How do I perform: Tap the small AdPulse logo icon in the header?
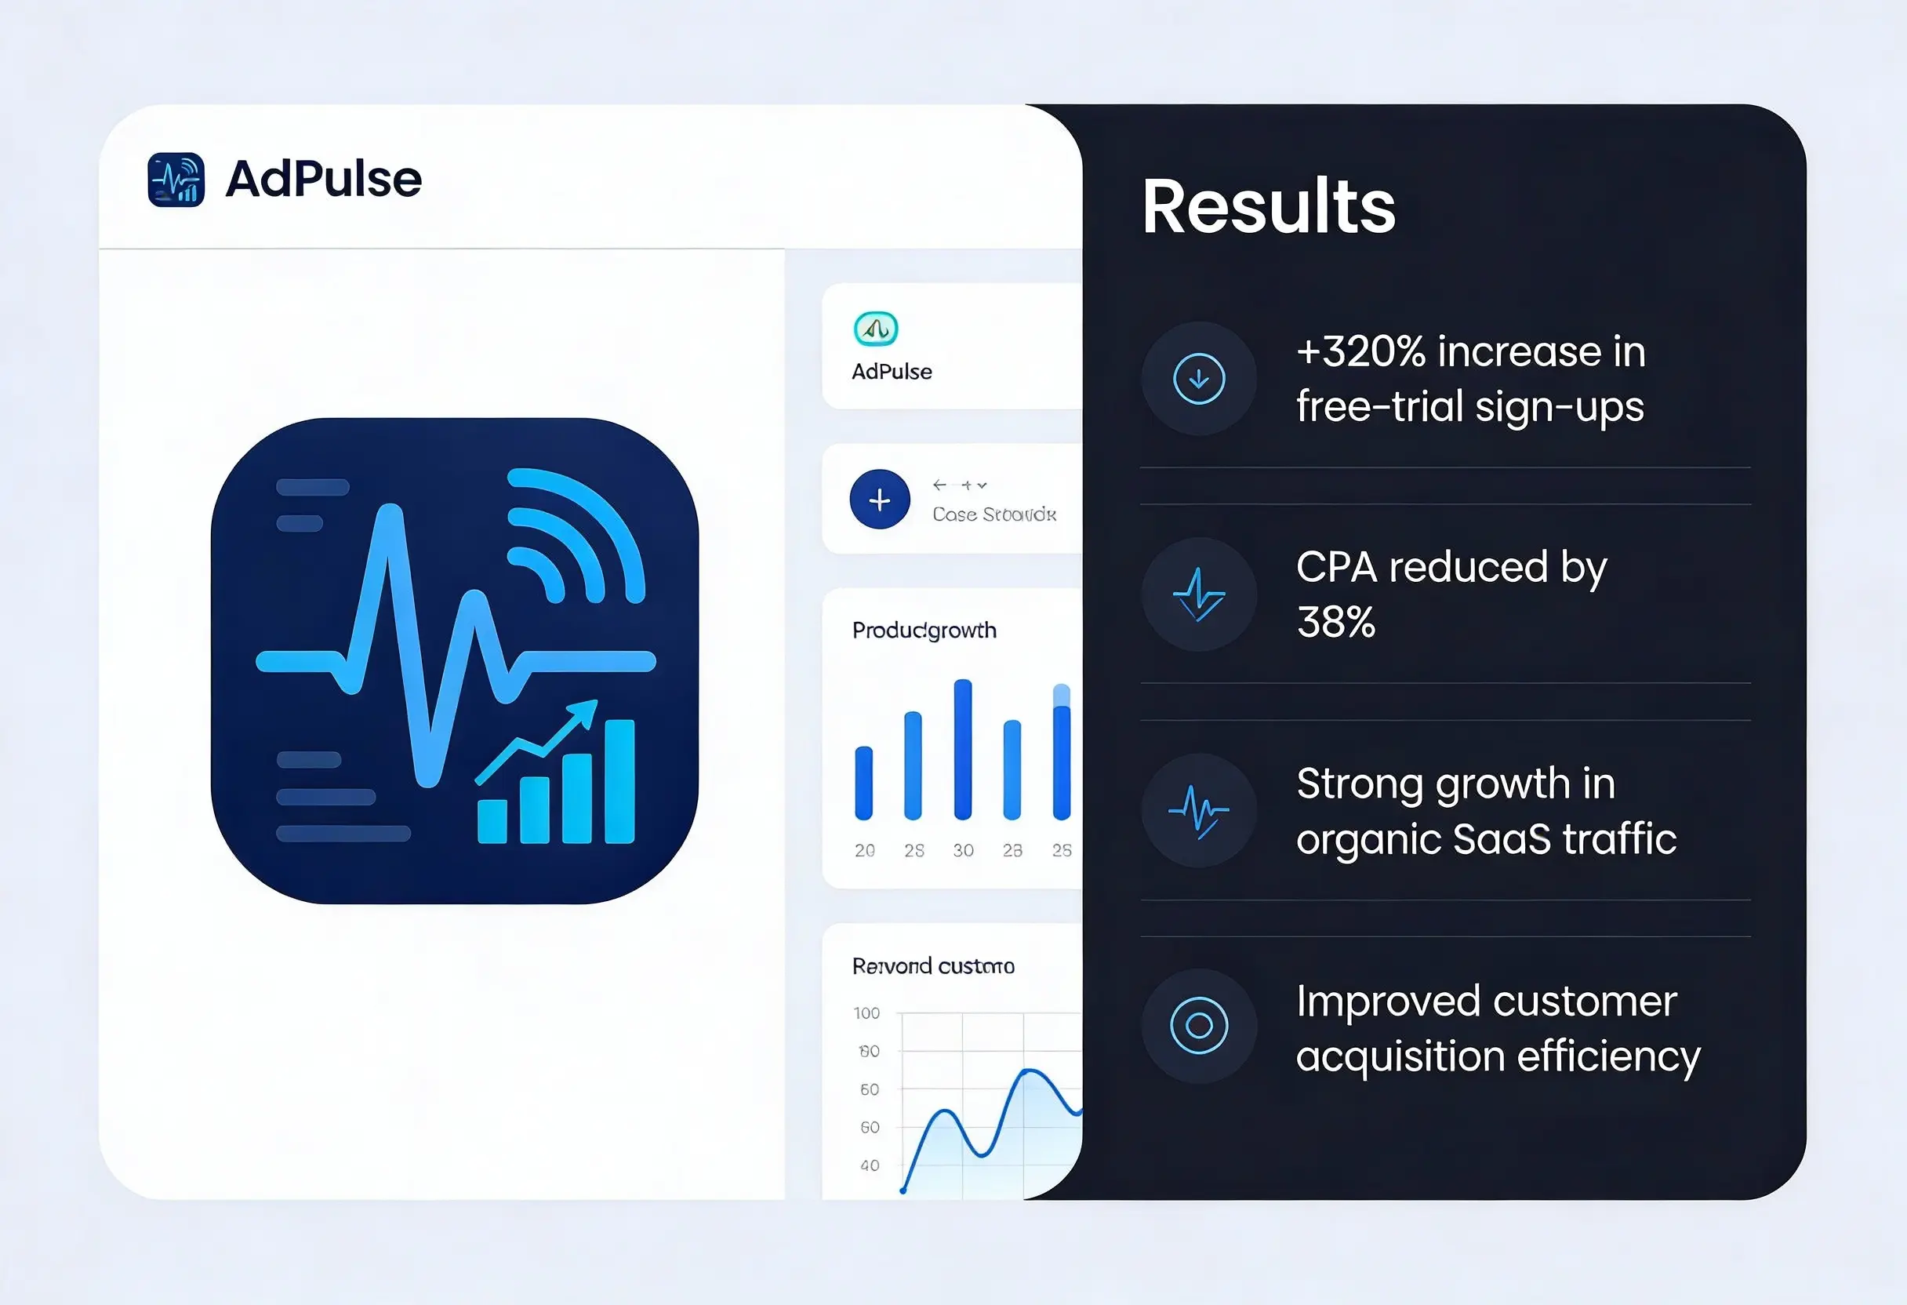[x=176, y=179]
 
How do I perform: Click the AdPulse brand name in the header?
[x=323, y=179]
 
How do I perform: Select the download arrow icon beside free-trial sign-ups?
[x=1199, y=378]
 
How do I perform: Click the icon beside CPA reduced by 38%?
[x=1199, y=594]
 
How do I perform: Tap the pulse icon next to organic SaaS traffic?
[x=1199, y=810]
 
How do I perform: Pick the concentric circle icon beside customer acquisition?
[x=1199, y=1026]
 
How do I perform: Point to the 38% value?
[x=1335, y=622]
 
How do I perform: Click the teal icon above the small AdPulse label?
[x=876, y=329]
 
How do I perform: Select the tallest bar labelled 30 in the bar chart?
[x=963, y=748]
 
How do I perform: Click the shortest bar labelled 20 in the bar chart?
[x=863, y=783]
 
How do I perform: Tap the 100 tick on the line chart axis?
[x=866, y=1012]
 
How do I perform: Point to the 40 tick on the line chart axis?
[x=870, y=1165]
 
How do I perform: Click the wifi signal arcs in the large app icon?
[x=575, y=533]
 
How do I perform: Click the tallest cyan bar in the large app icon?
[x=619, y=780]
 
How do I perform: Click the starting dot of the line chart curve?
[x=903, y=1189]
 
